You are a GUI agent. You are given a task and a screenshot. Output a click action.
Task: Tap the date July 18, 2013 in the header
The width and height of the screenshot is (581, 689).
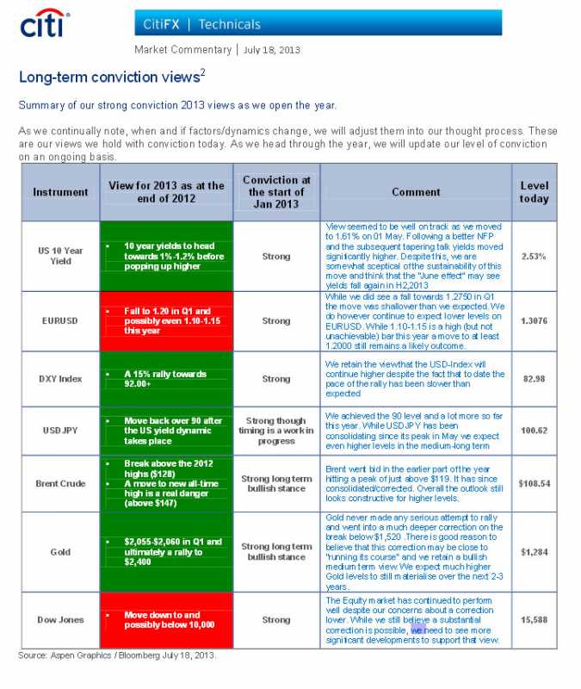(x=272, y=50)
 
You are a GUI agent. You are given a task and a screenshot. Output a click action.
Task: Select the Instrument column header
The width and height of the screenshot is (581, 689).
(x=60, y=192)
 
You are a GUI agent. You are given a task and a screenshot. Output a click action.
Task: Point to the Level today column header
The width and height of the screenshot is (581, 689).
(x=534, y=192)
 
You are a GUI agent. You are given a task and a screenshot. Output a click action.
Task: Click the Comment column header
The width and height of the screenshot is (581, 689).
(x=416, y=192)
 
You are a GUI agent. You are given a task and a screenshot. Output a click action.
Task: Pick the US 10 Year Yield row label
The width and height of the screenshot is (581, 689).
(x=60, y=256)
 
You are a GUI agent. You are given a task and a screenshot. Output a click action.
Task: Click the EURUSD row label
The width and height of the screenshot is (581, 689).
(x=60, y=320)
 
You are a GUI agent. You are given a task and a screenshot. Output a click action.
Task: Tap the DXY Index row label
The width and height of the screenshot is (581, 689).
(x=60, y=379)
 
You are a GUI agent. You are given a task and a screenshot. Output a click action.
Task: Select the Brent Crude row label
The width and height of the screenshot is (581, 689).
(x=60, y=483)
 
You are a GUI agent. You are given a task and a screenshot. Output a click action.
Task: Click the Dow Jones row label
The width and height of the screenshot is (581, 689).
(x=60, y=619)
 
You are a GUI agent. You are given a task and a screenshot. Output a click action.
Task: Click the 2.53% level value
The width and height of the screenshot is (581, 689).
(x=534, y=256)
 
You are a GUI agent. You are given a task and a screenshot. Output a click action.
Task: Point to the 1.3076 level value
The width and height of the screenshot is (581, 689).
(x=534, y=320)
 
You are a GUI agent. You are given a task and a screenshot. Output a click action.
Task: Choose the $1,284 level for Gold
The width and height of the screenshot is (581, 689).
(x=534, y=551)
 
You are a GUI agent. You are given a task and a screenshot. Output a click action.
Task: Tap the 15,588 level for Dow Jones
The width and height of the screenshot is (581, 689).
(x=534, y=619)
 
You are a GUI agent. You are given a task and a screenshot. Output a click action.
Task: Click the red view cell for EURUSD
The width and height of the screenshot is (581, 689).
(x=166, y=320)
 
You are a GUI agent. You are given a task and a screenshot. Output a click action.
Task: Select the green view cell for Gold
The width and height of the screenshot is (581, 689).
(x=166, y=551)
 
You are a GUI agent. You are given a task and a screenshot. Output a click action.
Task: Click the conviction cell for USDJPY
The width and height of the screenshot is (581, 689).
(x=275, y=431)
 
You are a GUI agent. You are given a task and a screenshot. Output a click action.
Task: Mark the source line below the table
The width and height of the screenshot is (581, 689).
(x=117, y=655)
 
